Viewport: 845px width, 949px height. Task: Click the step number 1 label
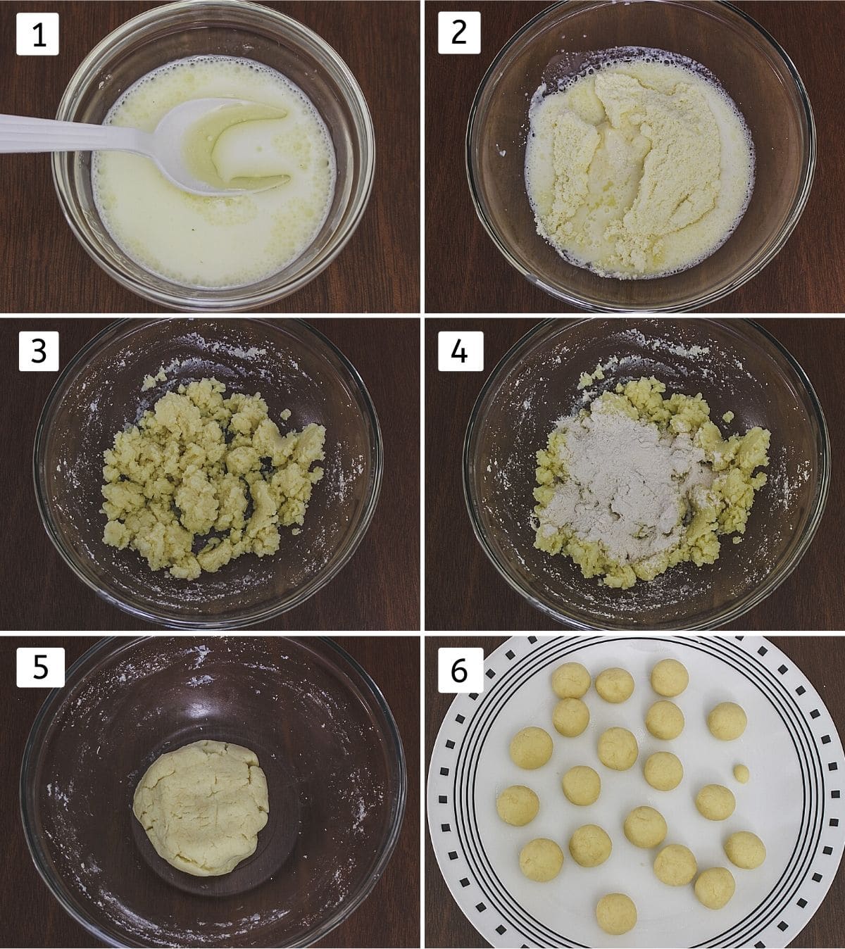[37, 34]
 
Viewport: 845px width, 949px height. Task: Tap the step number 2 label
[459, 33]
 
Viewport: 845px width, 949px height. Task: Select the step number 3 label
[39, 351]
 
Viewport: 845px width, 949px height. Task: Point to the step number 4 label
[461, 351]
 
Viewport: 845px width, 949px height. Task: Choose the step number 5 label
[40, 667]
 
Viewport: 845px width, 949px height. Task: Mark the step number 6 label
[460, 670]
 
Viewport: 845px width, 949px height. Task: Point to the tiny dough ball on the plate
[741, 773]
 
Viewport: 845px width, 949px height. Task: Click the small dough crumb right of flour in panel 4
[728, 416]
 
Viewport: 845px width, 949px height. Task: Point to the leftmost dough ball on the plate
[518, 805]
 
